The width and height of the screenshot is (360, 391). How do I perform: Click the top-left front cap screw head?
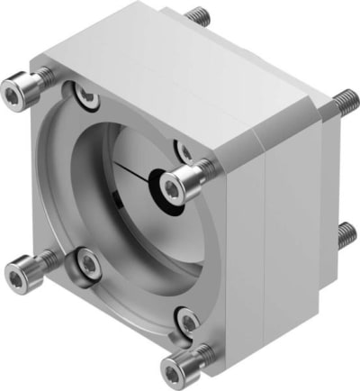point(17,90)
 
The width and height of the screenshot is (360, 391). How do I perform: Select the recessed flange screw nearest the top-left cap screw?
point(82,93)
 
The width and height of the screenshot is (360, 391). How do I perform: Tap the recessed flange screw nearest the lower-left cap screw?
point(88,263)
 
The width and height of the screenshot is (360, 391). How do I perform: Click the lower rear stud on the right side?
point(346,236)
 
